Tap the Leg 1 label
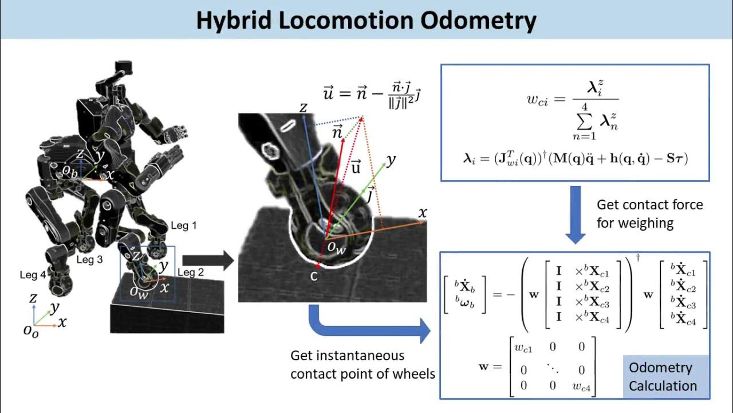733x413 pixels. (184, 225)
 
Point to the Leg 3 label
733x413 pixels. (89, 260)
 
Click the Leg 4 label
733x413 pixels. (33, 275)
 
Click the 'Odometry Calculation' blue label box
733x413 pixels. (663, 377)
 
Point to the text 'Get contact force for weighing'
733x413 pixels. (649, 213)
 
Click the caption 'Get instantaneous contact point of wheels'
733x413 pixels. (362, 365)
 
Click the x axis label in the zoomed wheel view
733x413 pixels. (423, 213)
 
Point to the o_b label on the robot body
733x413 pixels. (70, 170)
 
